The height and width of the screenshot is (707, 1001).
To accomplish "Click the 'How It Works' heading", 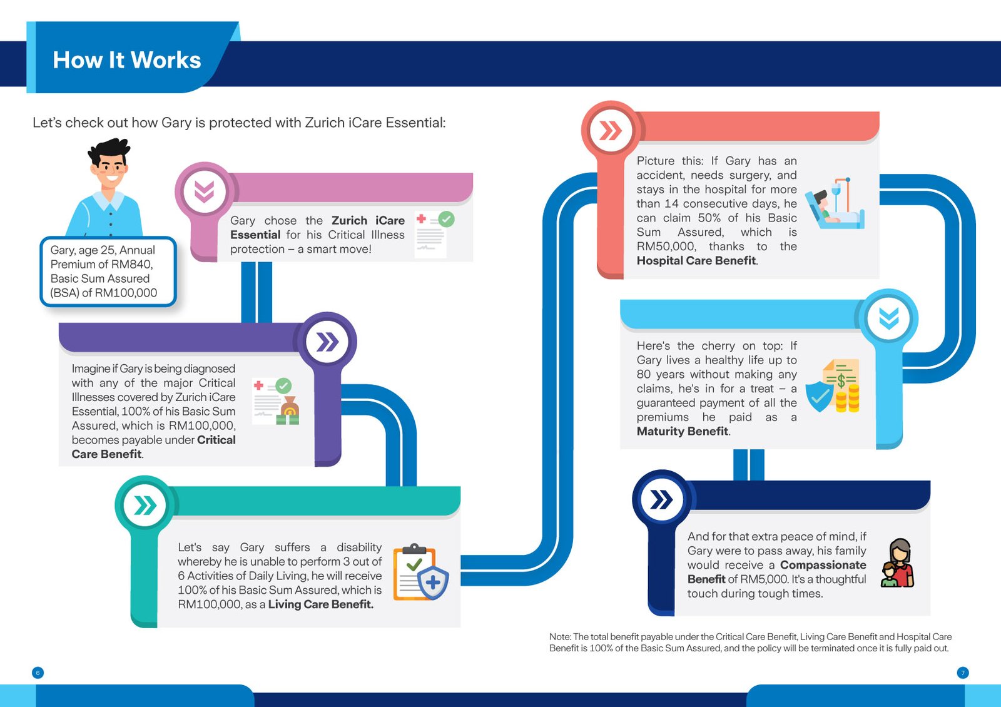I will pos(127,60).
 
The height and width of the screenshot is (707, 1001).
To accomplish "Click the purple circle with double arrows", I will pos(327,342).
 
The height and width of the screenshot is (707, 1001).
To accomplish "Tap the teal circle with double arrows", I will pos(145,506).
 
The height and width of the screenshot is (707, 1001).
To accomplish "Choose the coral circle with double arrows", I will pos(611,131).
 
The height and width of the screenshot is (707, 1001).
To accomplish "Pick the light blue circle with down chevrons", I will pos(888,318).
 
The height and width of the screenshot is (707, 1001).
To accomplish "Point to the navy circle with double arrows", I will pos(661,499).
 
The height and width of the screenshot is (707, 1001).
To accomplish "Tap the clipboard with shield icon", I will pos(420,572).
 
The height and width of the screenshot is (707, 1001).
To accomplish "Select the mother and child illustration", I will pos(898,564).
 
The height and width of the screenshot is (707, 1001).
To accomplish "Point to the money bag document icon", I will pos(276,402).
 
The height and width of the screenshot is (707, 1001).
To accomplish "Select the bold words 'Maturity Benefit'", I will pos(682,431).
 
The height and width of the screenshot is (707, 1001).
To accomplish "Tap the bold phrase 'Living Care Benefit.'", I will pos(320,604).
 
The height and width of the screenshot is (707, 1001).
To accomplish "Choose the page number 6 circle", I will pos(38,673).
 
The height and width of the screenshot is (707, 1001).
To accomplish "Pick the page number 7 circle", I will pos(963,673).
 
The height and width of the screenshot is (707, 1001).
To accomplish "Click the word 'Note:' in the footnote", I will pos(560,637).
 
